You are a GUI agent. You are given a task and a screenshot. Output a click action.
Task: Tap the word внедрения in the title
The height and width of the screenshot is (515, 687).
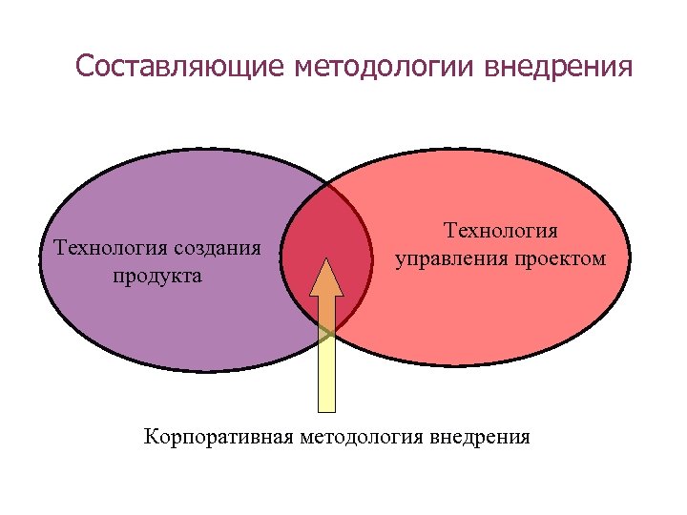click(x=557, y=68)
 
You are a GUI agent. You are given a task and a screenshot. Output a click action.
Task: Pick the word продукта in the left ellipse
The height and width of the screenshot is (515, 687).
click(x=156, y=277)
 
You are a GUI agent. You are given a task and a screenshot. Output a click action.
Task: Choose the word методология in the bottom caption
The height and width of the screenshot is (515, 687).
click(x=361, y=439)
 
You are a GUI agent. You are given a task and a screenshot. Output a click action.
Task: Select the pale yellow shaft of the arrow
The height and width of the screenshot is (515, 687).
click(x=326, y=372)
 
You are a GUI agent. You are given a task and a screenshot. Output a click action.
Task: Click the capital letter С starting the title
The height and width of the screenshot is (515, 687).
click(x=83, y=68)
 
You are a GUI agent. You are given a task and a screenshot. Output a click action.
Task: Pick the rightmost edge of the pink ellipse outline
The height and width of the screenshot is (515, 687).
click(x=630, y=257)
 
